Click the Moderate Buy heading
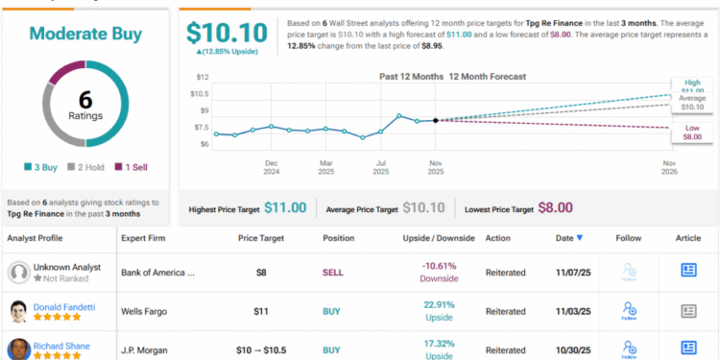coord(86,34)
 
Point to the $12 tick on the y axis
coord(202,76)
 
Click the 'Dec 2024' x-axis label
coord(272,168)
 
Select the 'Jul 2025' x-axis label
coord(381,168)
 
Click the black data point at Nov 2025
coord(436,120)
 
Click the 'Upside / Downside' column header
coord(428,238)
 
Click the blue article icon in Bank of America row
coord(688,272)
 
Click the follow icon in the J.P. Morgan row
coord(629,348)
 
